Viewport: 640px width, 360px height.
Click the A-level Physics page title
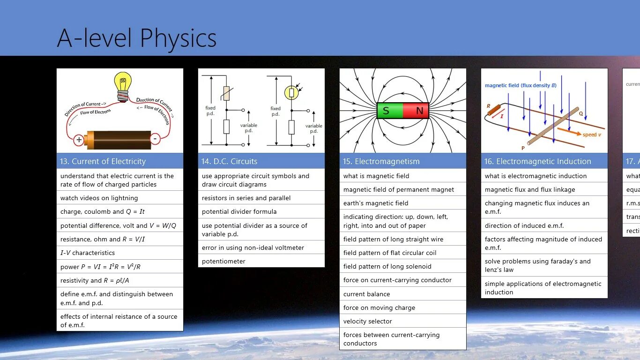136,38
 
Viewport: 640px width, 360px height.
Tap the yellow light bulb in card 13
123,84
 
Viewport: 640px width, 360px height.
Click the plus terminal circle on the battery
79,140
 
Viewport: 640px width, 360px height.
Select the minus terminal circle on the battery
155,139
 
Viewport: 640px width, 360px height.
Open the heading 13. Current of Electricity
103,161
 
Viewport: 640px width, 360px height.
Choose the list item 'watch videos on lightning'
99,198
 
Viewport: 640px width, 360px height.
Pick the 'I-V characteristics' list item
88,253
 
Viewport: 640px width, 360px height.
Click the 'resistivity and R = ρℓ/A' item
94,280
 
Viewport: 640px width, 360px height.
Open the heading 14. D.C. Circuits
230,161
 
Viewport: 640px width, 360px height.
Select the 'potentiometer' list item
223,261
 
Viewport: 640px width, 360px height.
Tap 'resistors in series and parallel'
246,198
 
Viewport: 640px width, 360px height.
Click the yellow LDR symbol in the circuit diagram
291,92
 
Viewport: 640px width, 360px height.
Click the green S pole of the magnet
389,111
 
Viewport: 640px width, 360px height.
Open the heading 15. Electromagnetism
381,161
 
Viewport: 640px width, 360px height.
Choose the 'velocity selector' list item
368,321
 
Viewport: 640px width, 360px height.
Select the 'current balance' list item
366,294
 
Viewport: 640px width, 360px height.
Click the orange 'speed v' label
591,135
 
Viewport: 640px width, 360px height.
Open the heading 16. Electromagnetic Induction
537,161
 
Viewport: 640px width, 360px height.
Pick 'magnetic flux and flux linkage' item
530,189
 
